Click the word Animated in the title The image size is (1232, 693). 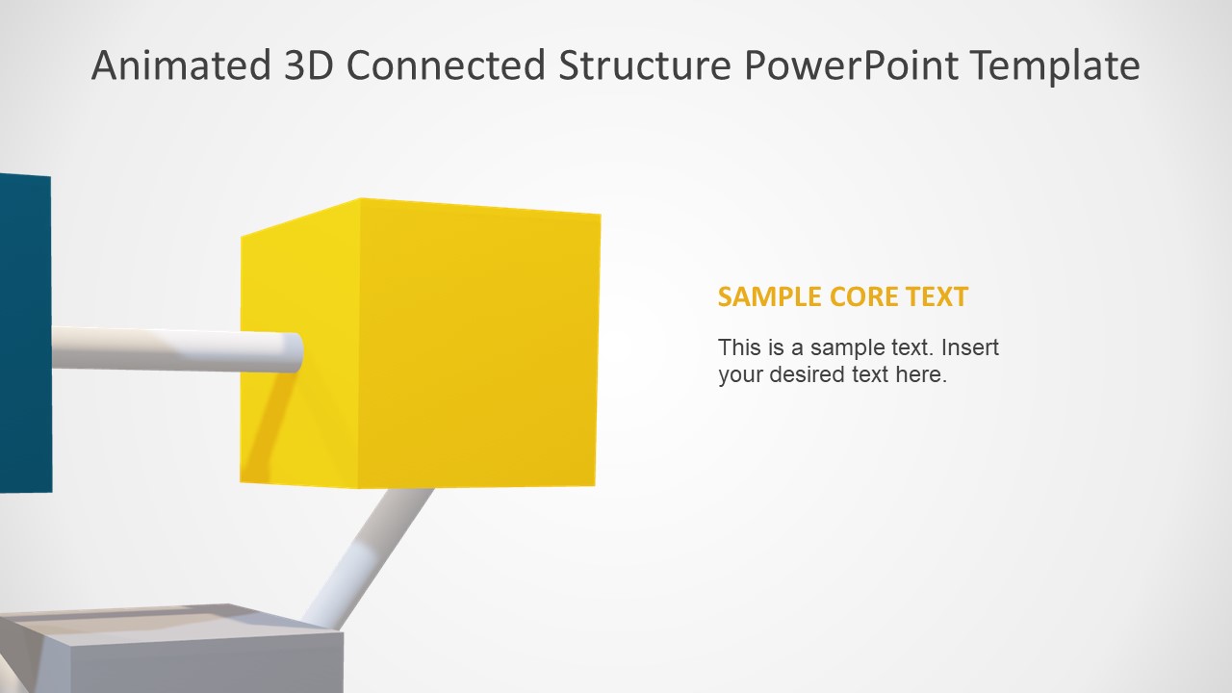pyautogui.click(x=182, y=65)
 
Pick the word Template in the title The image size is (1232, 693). pyautogui.click(x=1056, y=65)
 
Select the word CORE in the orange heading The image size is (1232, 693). pyautogui.click(x=861, y=296)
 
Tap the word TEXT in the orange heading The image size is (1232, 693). pyautogui.click(x=937, y=296)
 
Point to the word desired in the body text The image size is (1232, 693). pyautogui.click(x=807, y=374)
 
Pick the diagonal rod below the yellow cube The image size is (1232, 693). pyautogui.click(x=371, y=553)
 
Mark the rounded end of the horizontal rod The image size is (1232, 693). pyautogui.click(x=294, y=352)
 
